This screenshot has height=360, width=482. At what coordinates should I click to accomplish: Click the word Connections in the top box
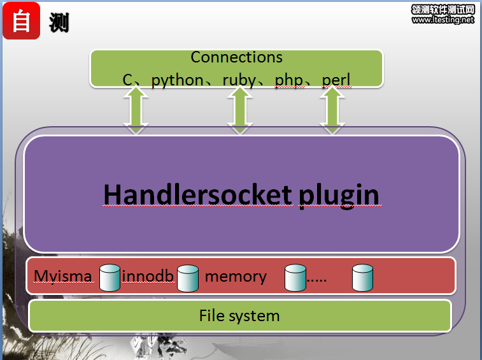(x=236, y=57)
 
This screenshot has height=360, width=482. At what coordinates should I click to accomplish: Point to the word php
(x=288, y=80)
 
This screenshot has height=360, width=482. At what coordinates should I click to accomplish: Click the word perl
(x=336, y=80)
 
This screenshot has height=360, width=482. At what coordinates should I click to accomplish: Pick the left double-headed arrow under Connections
(x=136, y=110)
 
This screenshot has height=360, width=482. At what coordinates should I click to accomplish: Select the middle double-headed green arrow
(x=239, y=110)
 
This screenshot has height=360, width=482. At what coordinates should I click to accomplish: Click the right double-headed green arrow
(x=331, y=110)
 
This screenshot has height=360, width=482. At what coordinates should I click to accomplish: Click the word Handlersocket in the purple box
(x=196, y=194)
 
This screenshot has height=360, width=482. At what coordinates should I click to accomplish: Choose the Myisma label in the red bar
(x=63, y=277)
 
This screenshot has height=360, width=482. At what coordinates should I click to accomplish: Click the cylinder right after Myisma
(x=110, y=277)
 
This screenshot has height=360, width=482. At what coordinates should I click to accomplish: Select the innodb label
(x=147, y=277)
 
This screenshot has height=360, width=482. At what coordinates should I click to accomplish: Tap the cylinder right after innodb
(x=188, y=277)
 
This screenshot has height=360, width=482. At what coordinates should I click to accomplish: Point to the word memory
(x=236, y=277)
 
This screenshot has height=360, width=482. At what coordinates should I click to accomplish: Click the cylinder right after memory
(x=295, y=277)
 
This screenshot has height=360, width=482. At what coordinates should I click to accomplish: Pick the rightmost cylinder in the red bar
(x=362, y=277)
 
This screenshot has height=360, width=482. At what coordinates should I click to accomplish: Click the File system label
(x=239, y=315)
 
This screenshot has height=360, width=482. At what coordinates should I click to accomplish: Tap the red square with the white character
(x=22, y=20)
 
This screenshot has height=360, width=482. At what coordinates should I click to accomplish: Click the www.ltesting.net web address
(x=443, y=20)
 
